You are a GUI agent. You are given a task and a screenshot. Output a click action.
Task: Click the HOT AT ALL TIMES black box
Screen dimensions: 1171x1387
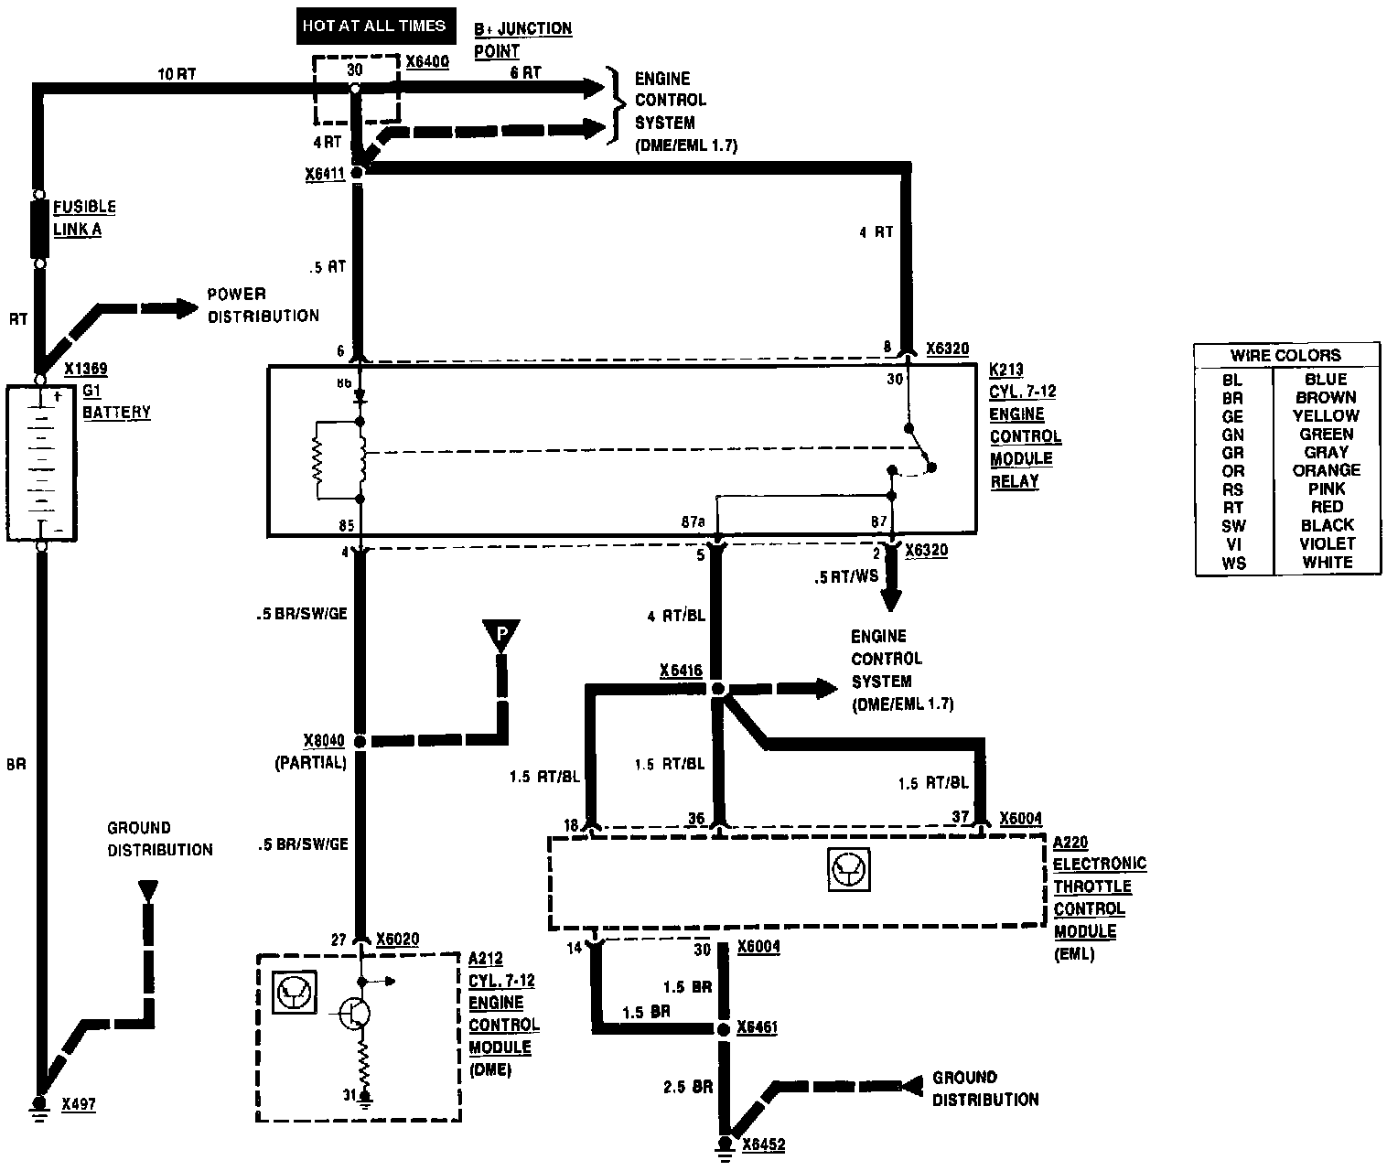point(374,26)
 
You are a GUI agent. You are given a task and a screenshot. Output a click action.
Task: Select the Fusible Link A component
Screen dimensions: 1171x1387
point(39,229)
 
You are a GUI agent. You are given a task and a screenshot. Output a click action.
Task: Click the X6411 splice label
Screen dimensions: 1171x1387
point(325,173)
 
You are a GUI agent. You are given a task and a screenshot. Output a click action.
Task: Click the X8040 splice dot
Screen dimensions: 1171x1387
point(360,741)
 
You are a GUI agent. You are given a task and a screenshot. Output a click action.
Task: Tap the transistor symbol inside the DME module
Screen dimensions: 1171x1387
point(353,1012)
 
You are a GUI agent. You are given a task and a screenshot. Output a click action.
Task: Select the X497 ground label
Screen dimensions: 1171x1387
point(79,1105)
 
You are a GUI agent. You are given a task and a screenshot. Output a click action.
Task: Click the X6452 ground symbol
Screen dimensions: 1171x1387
point(726,1144)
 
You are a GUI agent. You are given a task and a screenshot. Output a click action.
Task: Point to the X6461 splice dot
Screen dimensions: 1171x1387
point(723,1029)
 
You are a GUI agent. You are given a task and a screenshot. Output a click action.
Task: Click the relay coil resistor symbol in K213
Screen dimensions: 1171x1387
point(318,461)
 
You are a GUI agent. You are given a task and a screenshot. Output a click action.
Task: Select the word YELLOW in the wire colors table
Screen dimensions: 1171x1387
point(1326,415)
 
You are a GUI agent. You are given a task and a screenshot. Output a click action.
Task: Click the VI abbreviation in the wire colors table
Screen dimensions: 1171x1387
point(1232,544)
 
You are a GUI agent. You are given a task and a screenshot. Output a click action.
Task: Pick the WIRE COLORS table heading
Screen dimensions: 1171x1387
point(1285,355)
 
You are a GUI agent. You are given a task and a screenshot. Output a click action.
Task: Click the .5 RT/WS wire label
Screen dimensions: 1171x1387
point(845,577)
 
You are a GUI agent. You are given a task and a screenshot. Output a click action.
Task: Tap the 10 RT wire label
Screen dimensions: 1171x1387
point(177,73)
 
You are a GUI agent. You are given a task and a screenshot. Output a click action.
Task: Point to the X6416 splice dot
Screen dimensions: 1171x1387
point(718,688)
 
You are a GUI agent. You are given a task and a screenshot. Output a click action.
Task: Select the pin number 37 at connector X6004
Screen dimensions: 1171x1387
point(960,817)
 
